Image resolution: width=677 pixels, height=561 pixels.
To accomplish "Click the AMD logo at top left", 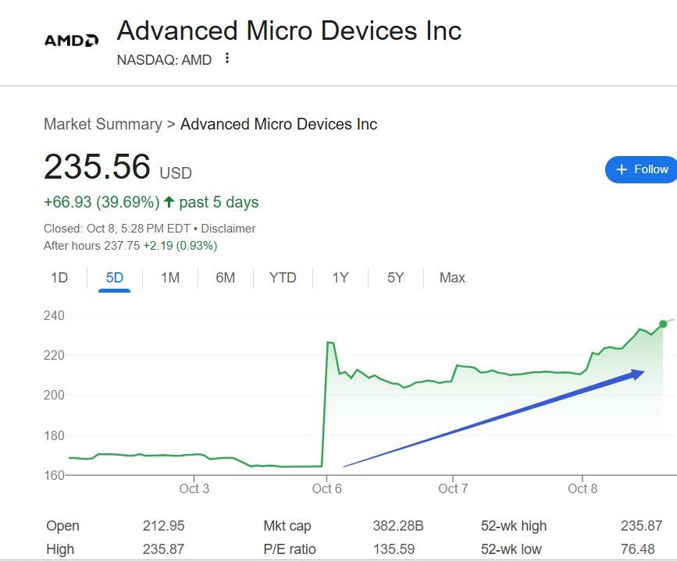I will coord(71,40).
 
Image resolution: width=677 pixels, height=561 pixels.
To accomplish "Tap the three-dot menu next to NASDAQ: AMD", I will coord(227,59).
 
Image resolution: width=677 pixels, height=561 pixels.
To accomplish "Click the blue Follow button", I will coord(641,169).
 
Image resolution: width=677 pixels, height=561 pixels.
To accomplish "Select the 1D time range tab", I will coord(59,278).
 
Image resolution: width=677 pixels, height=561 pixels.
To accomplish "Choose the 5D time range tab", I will coord(115,278).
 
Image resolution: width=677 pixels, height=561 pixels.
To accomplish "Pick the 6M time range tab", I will coord(225,278).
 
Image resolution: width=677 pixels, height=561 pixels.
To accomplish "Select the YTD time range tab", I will coord(283,278).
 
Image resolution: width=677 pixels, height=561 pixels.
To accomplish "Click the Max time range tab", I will coord(452,278).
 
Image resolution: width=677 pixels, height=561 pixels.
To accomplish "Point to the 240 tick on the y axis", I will coord(54,315).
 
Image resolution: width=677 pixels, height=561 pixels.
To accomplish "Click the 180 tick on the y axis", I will coord(54,435).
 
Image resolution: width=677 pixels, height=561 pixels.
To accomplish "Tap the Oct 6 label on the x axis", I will coord(327,489).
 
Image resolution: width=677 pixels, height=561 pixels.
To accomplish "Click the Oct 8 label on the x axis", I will coord(583,489).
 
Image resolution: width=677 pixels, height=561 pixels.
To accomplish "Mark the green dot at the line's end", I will coord(663,324).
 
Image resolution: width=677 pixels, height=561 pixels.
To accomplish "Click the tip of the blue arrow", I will coord(643,372).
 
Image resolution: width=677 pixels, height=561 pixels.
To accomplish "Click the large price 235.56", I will coord(97,167).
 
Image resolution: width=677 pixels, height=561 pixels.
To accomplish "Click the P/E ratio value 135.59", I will coord(394,549).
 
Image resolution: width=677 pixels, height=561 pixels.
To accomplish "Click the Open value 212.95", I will coord(163,526).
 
